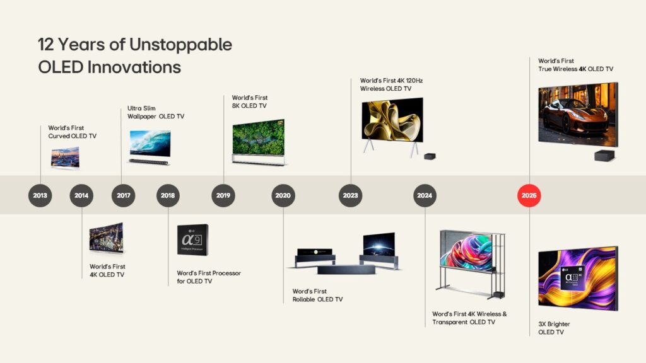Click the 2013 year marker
(40, 195)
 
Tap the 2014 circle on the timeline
(81, 195)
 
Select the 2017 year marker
(124, 195)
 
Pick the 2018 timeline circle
(168, 195)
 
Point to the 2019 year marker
(223, 195)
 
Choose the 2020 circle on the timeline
(283, 195)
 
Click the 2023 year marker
(351, 195)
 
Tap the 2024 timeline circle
(425, 195)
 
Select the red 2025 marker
(529, 195)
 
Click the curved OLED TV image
(65, 158)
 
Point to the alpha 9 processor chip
(192, 239)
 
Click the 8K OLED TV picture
(259, 142)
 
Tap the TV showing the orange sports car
(577, 115)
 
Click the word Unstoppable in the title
(180, 45)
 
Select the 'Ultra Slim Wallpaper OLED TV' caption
(155, 112)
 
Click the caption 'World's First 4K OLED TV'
(107, 270)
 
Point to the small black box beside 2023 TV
(429, 156)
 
